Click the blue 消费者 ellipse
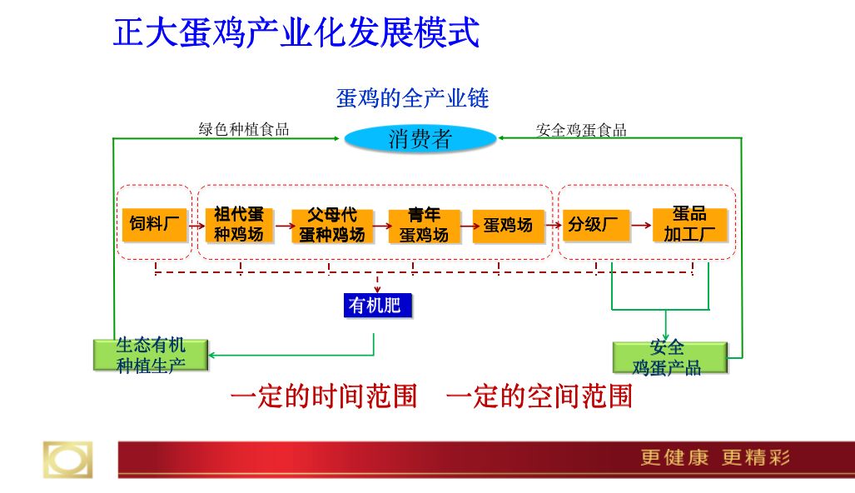point(420,138)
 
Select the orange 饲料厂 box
point(154,225)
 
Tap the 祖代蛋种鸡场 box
point(239,225)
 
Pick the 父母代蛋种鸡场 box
point(332,225)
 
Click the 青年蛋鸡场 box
point(425,225)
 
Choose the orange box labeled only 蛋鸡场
point(508,225)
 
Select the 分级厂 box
point(595,225)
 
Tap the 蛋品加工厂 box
point(690,224)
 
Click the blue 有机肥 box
point(377,305)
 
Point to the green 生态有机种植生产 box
point(151,355)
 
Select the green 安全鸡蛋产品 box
point(670,358)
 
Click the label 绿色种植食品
point(244,129)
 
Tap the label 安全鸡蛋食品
point(581,130)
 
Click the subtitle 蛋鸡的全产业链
point(412,98)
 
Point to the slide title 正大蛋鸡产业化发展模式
point(296,32)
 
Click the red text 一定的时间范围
point(324,396)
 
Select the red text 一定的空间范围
point(539,396)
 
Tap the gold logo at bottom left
point(67,460)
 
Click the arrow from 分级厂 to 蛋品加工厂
point(641,225)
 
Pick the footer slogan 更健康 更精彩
point(715,457)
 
